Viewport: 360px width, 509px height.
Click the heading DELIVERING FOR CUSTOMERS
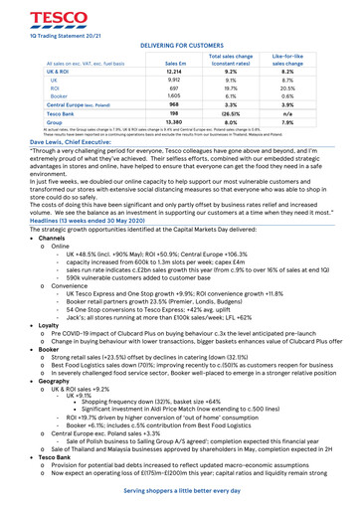click(x=179, y=45)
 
